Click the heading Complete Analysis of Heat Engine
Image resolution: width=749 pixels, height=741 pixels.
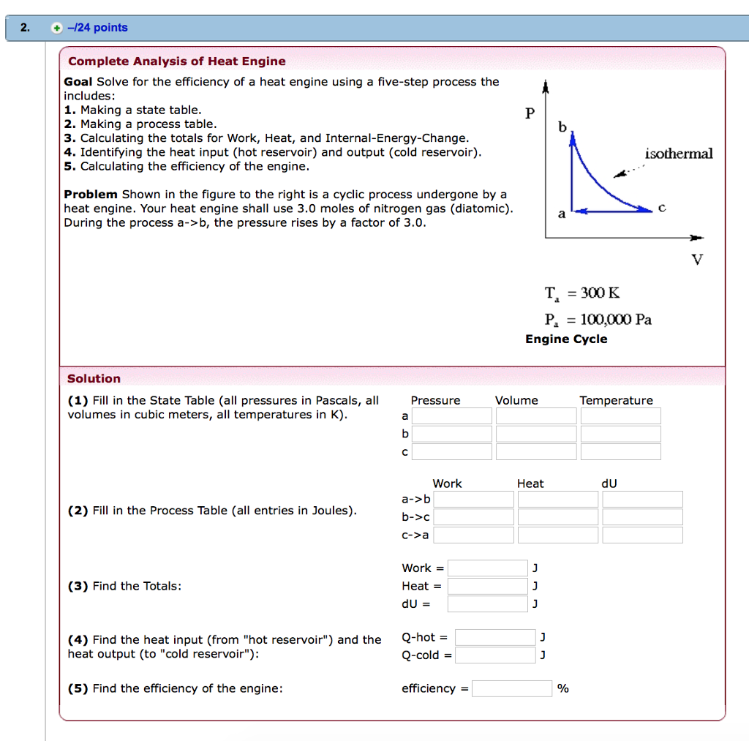[x=176, y=61]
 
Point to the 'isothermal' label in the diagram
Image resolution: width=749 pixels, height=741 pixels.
[x=678, y=154]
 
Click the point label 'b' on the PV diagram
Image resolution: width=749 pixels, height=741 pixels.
[x=562, y=127]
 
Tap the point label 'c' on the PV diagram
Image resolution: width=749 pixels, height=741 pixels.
[x=661, y=208]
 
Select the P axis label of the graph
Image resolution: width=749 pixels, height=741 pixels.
[x=530, y=113]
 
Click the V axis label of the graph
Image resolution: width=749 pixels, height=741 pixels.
[x=696, y=260]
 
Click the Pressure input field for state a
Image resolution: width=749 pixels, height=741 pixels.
[x=451, y=416]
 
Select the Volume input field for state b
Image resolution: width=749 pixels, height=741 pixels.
[x=536, y=434]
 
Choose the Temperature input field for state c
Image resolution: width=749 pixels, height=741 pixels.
[x=620, y=451]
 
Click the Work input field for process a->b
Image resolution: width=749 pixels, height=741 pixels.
[x=473, y=500]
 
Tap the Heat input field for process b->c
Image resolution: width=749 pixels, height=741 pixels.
[x=557, y=517]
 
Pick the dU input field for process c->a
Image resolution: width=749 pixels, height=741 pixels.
[x=642, y=535]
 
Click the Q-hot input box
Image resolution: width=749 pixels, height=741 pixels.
[x=495, y=637]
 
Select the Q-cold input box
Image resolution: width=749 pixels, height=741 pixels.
[x=495, y=655]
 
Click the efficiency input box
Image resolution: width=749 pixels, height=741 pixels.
[x=512, y=688]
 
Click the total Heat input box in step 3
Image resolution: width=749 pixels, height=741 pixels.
[x=487, y=586]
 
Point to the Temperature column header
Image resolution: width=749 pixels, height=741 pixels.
[x=616, y=400]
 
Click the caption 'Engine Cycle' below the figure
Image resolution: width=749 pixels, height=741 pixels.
[x=566, y=339]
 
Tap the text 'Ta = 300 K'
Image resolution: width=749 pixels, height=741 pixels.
[x=581, y=293]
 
